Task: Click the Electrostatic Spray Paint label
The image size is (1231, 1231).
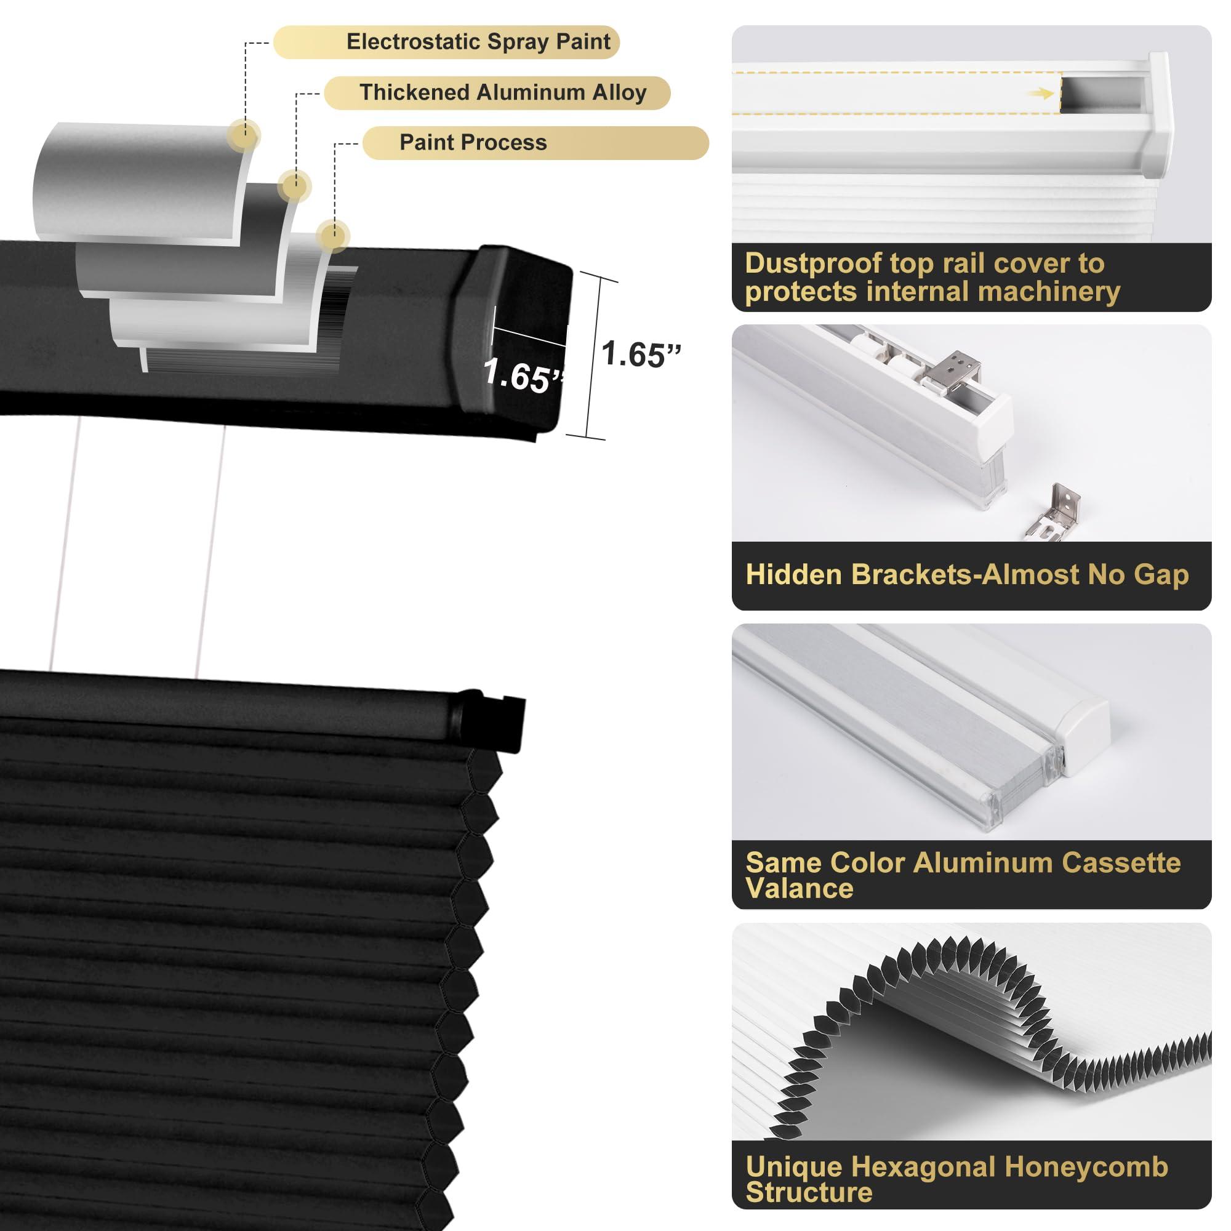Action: tap(478, 42)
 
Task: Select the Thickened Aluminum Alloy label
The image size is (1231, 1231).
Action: tap(503, 92)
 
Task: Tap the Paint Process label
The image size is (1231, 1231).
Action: tap(473, 143)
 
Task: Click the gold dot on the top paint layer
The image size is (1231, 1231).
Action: tap(243, 134)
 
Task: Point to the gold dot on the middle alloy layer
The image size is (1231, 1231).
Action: tap(294, 186)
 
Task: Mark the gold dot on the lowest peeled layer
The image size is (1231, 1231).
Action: tap(332, 236)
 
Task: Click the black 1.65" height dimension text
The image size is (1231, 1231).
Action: tap(640, 355)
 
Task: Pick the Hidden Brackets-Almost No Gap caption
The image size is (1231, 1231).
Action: tap(966, 575)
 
